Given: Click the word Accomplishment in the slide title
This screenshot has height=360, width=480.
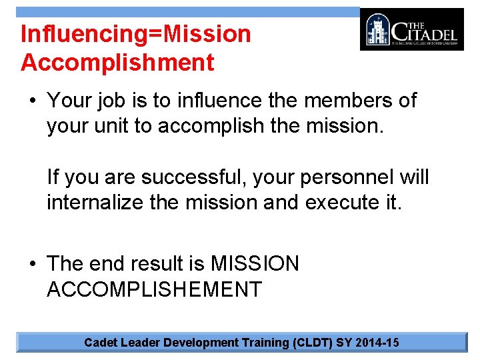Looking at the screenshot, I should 117,63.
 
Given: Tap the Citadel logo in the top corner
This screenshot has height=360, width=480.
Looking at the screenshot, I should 411,29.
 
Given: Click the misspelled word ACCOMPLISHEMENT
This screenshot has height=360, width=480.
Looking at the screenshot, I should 154,289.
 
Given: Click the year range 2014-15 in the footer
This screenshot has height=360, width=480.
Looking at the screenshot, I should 377,343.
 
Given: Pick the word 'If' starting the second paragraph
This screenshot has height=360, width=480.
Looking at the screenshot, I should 53,178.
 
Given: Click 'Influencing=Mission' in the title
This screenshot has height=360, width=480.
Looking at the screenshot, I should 136,33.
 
